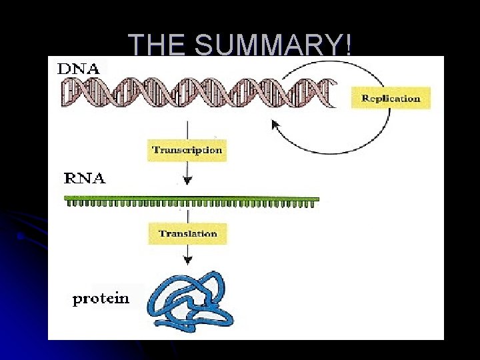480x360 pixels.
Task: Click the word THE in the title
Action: (x=155, y=45)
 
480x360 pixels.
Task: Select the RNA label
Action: (x=84, y=179)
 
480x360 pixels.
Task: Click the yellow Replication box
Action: (x=391, y=98)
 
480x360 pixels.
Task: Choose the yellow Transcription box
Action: (x=187, y=150)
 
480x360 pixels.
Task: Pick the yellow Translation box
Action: (x=187, y=234)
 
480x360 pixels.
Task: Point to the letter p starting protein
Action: (x=77, y=300)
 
